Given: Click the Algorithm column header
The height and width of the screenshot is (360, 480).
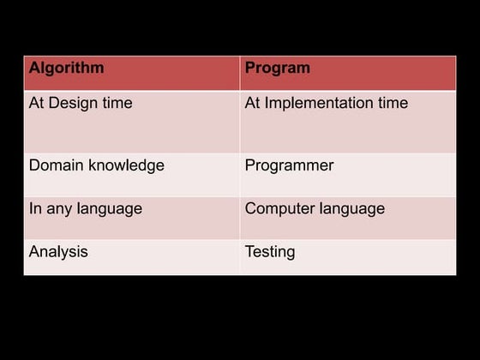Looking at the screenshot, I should [x=66, y=68].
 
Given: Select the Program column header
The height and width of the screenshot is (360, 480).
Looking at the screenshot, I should [x=278, y=68].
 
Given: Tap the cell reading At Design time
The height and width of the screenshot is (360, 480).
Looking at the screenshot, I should [x=81, y=104].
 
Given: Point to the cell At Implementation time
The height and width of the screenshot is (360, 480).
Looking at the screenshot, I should [x=327, y=104].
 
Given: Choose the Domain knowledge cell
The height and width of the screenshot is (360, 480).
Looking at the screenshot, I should [x=96, y=165].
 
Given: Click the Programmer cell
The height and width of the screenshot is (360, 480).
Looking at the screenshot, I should [x=289, y=165].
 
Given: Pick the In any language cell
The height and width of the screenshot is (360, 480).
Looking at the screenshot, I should [x=86, y=209].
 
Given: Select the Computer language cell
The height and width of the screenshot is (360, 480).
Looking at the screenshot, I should [x=315, y=209].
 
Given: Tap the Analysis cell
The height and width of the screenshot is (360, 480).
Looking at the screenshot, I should [x=58, y=252].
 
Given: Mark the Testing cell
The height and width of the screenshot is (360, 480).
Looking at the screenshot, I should [x=269, y=252].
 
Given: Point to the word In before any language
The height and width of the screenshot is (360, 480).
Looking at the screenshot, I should [x=35, y=209].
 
